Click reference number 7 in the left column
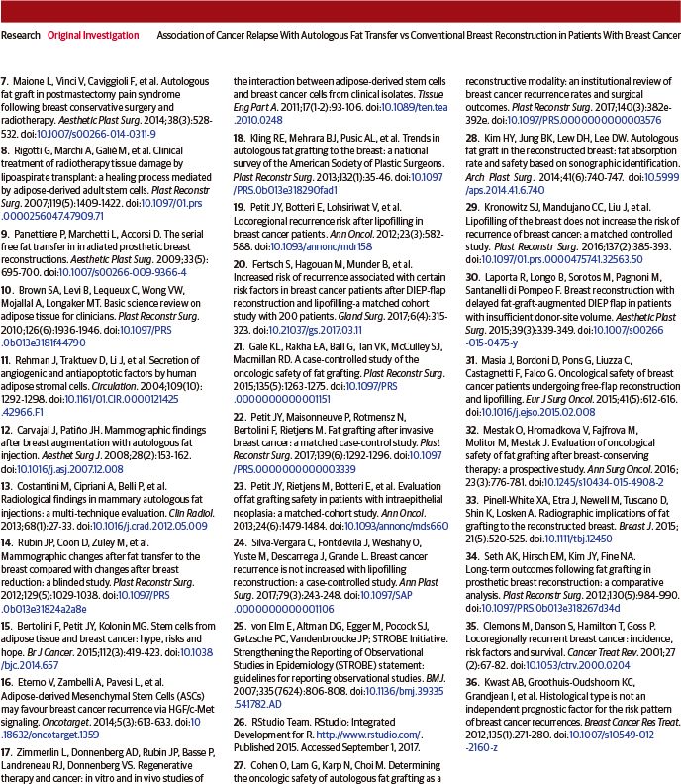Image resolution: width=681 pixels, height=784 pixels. coord(6,77)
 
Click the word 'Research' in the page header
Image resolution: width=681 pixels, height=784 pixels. coord(21,34)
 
